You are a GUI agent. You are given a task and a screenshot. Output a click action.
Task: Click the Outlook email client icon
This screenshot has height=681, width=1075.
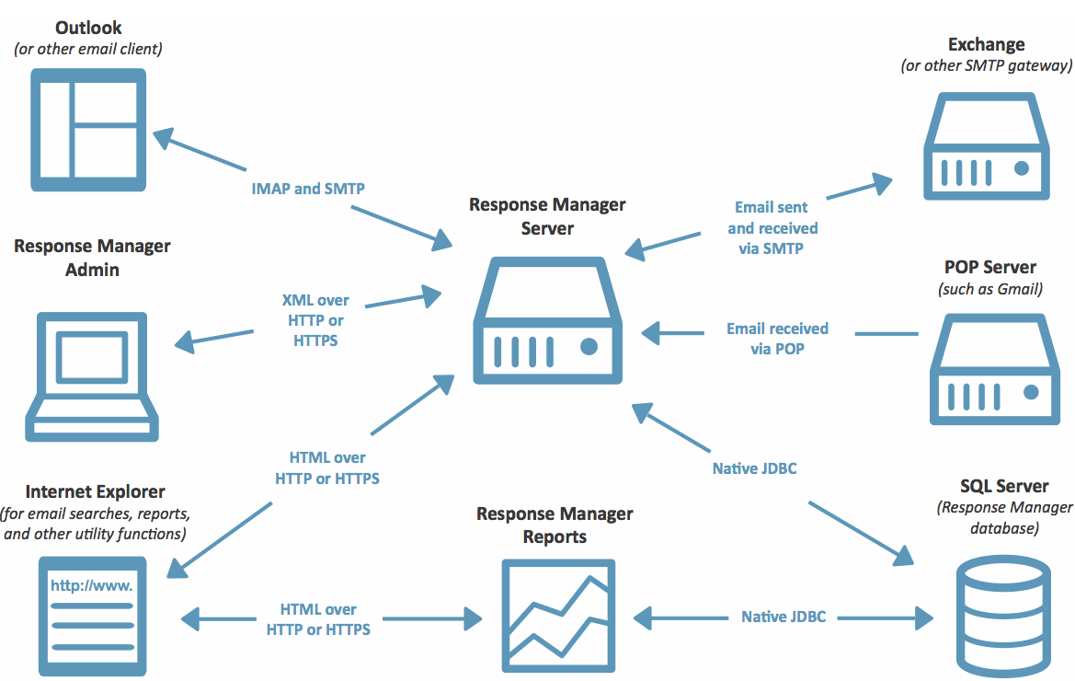click(x=88, y=130)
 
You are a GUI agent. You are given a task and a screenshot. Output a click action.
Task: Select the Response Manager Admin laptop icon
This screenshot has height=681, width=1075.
click(x=92, y=376)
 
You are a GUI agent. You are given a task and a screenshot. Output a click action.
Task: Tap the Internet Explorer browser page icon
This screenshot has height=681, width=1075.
click(x=93, y=616)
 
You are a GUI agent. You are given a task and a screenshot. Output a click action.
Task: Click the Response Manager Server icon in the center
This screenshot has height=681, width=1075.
click(x=548, y=320)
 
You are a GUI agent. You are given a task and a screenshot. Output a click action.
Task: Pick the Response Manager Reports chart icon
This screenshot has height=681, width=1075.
click(x=558, y=616)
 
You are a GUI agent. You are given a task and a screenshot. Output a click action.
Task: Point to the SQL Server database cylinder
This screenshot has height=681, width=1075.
click(x=1003, y=618)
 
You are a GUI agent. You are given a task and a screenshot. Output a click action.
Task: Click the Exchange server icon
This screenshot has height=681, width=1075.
click(x=987, y=146)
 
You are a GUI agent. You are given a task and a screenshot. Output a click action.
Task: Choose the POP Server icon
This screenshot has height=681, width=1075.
click(x=995, y=369)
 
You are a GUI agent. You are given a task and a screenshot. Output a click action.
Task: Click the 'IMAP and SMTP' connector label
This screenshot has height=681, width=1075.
click(x=308, y=189)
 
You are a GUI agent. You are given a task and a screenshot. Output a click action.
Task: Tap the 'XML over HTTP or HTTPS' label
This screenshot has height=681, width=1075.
click(x=315, y=320)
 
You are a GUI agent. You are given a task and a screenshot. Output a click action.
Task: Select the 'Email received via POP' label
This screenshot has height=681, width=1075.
click(x=777, y=339)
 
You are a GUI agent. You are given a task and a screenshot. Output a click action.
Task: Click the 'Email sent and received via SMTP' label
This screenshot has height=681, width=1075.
click(x=772, y=227)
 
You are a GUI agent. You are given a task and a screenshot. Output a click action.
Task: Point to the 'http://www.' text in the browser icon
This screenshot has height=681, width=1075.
click(x=91, y=585)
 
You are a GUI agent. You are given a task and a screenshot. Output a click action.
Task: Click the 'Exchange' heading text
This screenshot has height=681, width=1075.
click(x=987, y=44)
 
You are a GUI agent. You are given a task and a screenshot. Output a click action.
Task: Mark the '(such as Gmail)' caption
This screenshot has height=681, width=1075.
click(x=990, y=289)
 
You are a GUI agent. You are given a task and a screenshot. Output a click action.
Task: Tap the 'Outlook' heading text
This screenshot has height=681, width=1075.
click(x=88, y=29)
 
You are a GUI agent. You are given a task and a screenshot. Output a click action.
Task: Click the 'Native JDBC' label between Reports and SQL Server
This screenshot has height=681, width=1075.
click(x=783, y=618)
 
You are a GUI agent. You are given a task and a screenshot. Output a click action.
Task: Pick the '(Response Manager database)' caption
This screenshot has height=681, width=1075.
click(x=1005, y=518)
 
